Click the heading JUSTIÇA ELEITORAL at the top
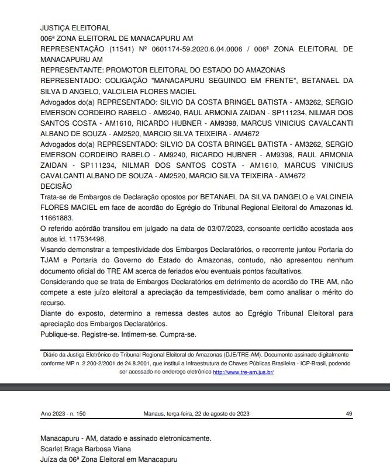[x=75, y=27]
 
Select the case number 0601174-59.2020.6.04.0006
[x=197, y=49]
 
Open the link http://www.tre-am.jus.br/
[x=243, y=371]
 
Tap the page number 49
[x=349, y=413]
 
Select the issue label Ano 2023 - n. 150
[x=63, y=413]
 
